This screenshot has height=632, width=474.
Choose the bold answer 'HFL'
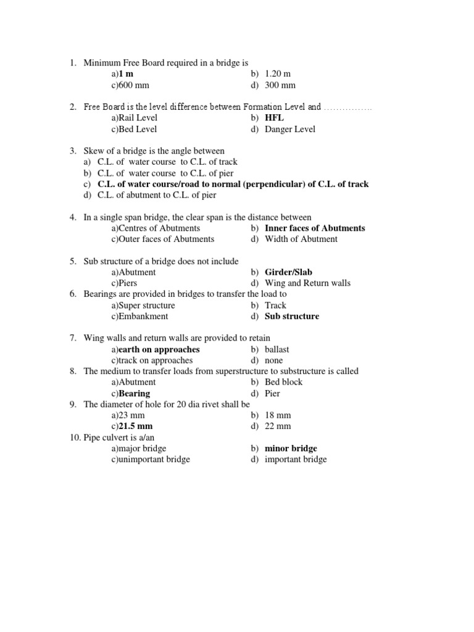tap(274, 118)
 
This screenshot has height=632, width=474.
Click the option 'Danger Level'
tap(289, 129)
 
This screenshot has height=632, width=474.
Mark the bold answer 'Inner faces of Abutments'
tap(315, 228)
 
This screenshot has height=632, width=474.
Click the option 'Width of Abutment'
tap(301, 239)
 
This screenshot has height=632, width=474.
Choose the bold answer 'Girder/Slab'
tap(288, 272)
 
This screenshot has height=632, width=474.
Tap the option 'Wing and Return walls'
tap(307, 283)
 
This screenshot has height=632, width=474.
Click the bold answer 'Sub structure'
tap(292, 316)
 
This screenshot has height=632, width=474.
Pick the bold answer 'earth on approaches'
tap(159, 349)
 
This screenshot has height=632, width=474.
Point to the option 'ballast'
tap(276, 349)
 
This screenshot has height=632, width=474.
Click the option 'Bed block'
tap(284, 382)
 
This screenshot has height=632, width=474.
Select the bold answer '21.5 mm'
tap(136, 426)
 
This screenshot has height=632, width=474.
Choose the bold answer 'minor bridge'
tap(291, 448)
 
